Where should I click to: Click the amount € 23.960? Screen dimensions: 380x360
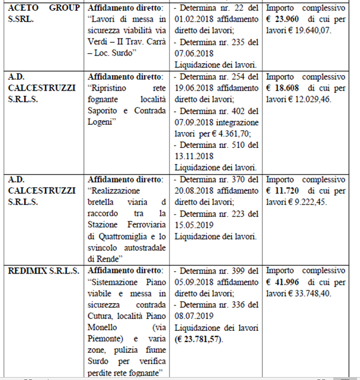tap(287, 20)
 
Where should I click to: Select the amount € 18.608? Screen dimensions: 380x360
tap(287, 88)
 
